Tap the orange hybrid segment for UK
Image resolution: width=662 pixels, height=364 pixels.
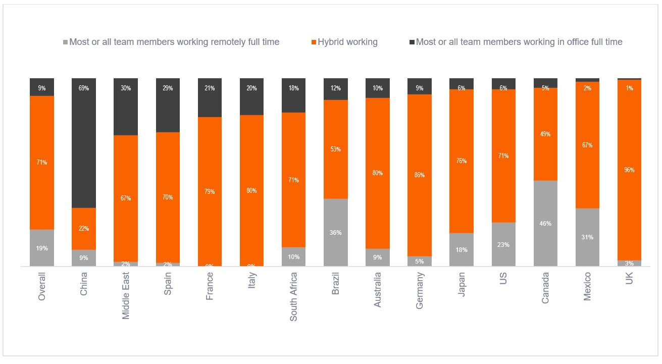coord(629,170)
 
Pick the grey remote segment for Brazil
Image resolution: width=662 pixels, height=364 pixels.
coord(335,232)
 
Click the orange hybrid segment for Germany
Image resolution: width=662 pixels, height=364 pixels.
coord(420,175)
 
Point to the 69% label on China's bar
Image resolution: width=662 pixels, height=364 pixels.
coord(84,88)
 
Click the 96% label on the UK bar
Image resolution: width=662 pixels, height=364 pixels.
coord(629,170)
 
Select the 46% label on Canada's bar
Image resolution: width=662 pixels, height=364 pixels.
coord(545,224)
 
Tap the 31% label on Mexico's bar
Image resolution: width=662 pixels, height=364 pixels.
coord(587,237)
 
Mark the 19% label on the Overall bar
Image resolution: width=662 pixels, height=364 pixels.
coord(42,248)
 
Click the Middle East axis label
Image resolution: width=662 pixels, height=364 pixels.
coord(126,295)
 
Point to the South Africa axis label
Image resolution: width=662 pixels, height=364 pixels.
coord(293,297)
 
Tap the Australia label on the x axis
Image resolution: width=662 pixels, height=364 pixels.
coord(377,290)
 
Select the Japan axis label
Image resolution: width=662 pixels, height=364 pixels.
coord(461,283)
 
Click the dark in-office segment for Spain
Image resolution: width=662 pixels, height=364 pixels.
coord(168,105)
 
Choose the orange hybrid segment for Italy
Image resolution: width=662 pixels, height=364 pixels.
coord(251,190)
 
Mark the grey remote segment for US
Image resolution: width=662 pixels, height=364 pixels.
coord(503,244)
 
